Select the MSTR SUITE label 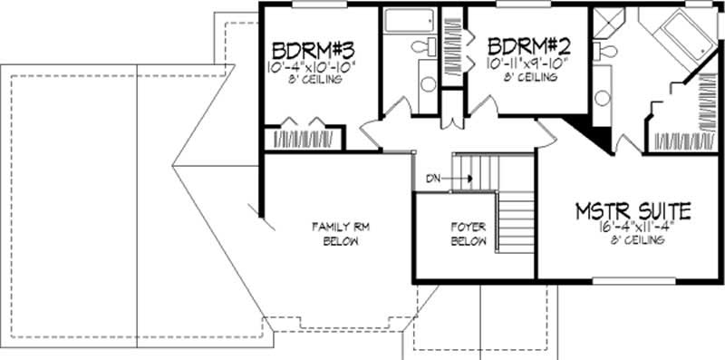point(633,212)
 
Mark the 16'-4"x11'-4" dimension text point(633,229)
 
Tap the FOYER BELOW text point(469,234)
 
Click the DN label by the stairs point(434,179)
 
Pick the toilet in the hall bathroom point(422,46)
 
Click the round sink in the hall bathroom point(428,84)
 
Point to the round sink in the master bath point(602,98)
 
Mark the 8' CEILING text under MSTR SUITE point(633,241)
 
